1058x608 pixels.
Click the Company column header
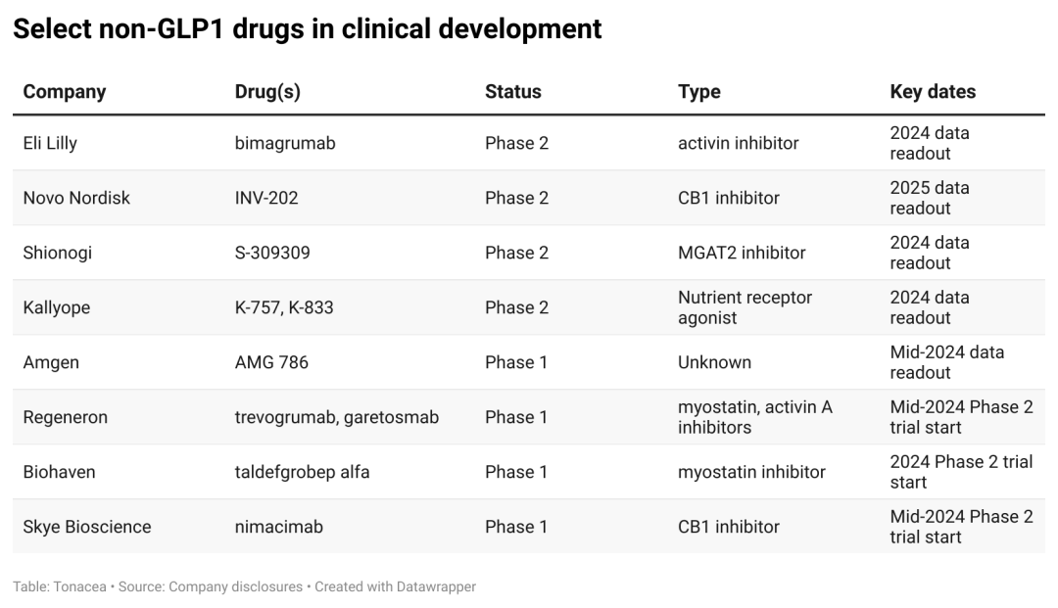point(65,92)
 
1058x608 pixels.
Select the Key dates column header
point(933,92)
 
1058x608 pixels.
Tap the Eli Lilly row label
point(50,143)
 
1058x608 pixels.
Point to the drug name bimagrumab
point(285,143)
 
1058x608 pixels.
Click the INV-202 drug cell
point(266,198)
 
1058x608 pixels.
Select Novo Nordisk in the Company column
point(76,198)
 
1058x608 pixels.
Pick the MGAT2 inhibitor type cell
point(742,253)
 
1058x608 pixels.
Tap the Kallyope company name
point(57,307)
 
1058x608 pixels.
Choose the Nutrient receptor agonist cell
point(745,307)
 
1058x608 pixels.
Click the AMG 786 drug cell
point(271,362)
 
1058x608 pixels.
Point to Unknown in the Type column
point(714,362)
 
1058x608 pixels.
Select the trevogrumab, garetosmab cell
point(337,417)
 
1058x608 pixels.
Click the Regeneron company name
point(66,417)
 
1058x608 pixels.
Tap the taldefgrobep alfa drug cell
point(302,472)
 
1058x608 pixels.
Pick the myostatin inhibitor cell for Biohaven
point(751,472)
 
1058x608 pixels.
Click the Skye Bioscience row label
point(87,527)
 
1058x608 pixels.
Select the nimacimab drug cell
point(279,527)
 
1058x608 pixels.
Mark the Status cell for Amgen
point(516,362)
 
